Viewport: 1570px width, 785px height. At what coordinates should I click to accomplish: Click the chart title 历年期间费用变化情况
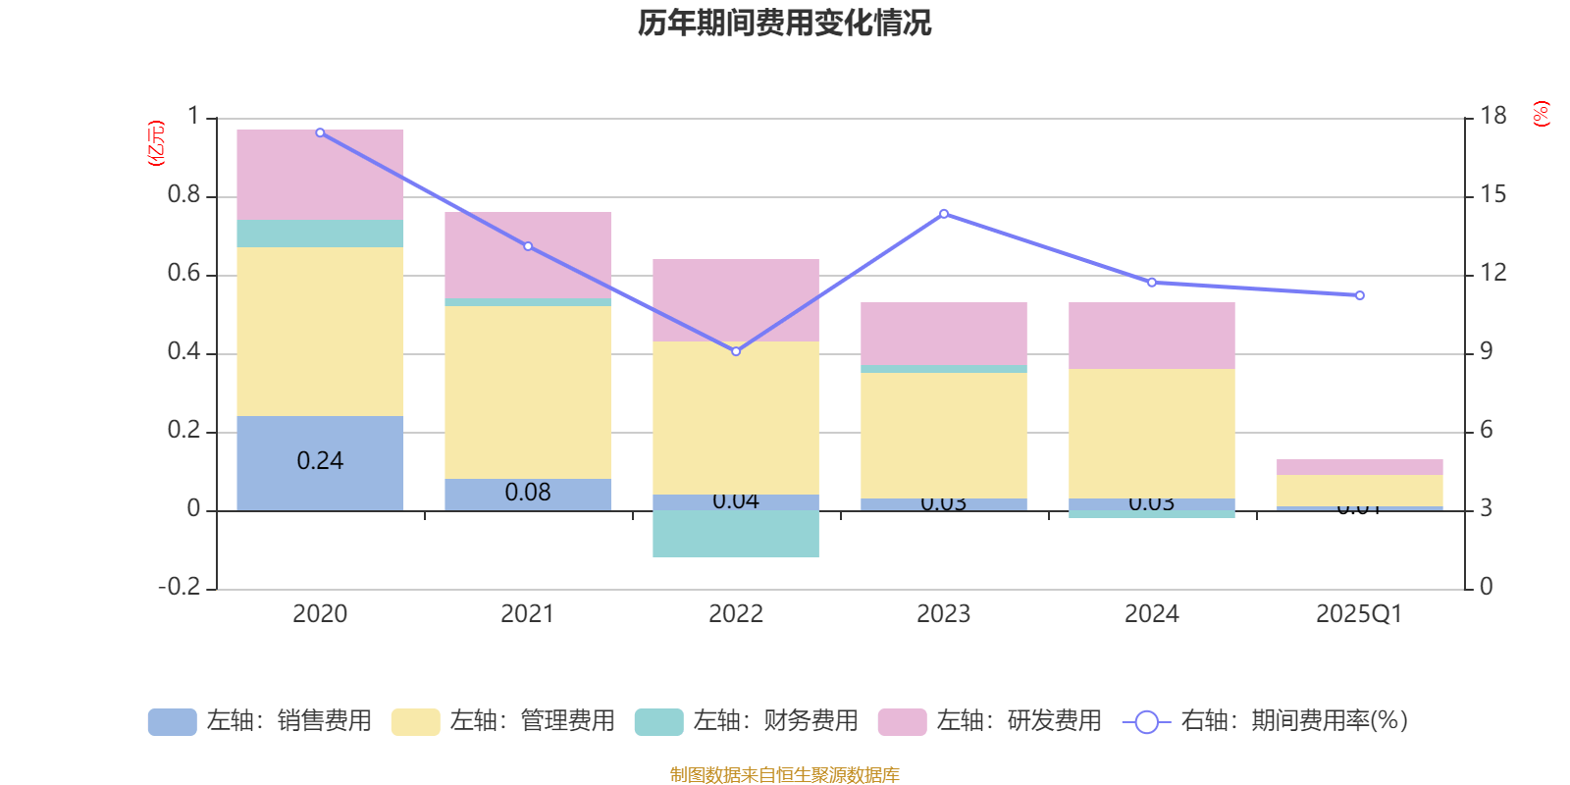click(x=784, y=23)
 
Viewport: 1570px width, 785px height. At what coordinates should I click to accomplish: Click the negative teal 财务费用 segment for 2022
click(x=736, y=534)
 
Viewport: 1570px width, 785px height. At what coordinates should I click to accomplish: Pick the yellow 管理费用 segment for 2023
click(x=944, y=436)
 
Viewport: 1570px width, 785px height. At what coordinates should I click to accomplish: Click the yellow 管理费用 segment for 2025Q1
click(x=1360, y=491)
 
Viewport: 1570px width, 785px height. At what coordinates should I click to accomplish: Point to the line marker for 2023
click(x=944, y=213)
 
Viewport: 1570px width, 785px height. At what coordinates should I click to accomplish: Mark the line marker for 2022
click(x=736, y=351)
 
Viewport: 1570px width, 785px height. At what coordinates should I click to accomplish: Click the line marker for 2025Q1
click(x=1360, y=295)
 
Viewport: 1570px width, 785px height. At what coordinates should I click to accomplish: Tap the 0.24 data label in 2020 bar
click(x=320, y=461)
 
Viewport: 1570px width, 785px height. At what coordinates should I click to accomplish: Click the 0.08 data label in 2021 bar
click(x=528, y=493)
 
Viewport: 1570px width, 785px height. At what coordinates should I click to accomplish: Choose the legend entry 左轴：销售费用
click(x=261, y=721)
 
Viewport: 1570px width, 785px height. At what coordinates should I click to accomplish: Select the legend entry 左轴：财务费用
click(x=748, y=721)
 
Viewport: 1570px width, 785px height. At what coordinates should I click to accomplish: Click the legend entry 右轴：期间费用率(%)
click(x=1266, y=721)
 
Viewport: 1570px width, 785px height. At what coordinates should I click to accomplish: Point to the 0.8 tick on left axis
click(x=183, y=195)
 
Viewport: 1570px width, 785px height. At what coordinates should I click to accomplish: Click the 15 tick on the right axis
click(x=1492, y=195)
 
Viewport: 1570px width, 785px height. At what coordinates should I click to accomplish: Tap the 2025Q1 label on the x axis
click(x=1359, y=614)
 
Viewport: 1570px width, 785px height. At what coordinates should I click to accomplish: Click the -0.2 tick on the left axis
click(x=180, y=587)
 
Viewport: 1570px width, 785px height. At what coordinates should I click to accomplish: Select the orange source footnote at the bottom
click(x=784, y=775)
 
